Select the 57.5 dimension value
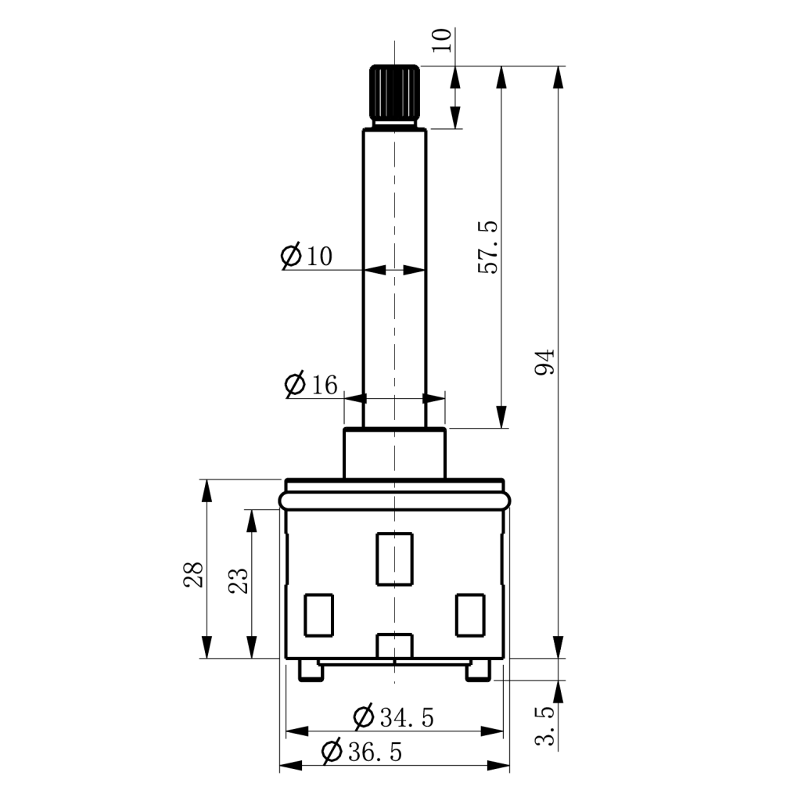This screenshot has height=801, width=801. click(488, 247)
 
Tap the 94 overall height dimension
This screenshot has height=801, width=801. click(544, 362)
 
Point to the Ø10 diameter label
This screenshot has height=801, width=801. click(307, 256)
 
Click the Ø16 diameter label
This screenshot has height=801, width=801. click(311, 384)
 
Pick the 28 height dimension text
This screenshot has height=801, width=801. click(194, 574)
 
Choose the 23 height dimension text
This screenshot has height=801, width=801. click(238, 580)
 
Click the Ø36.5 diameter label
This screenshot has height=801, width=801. click(361, 752)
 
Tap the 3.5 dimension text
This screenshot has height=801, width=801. click(544, 725)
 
